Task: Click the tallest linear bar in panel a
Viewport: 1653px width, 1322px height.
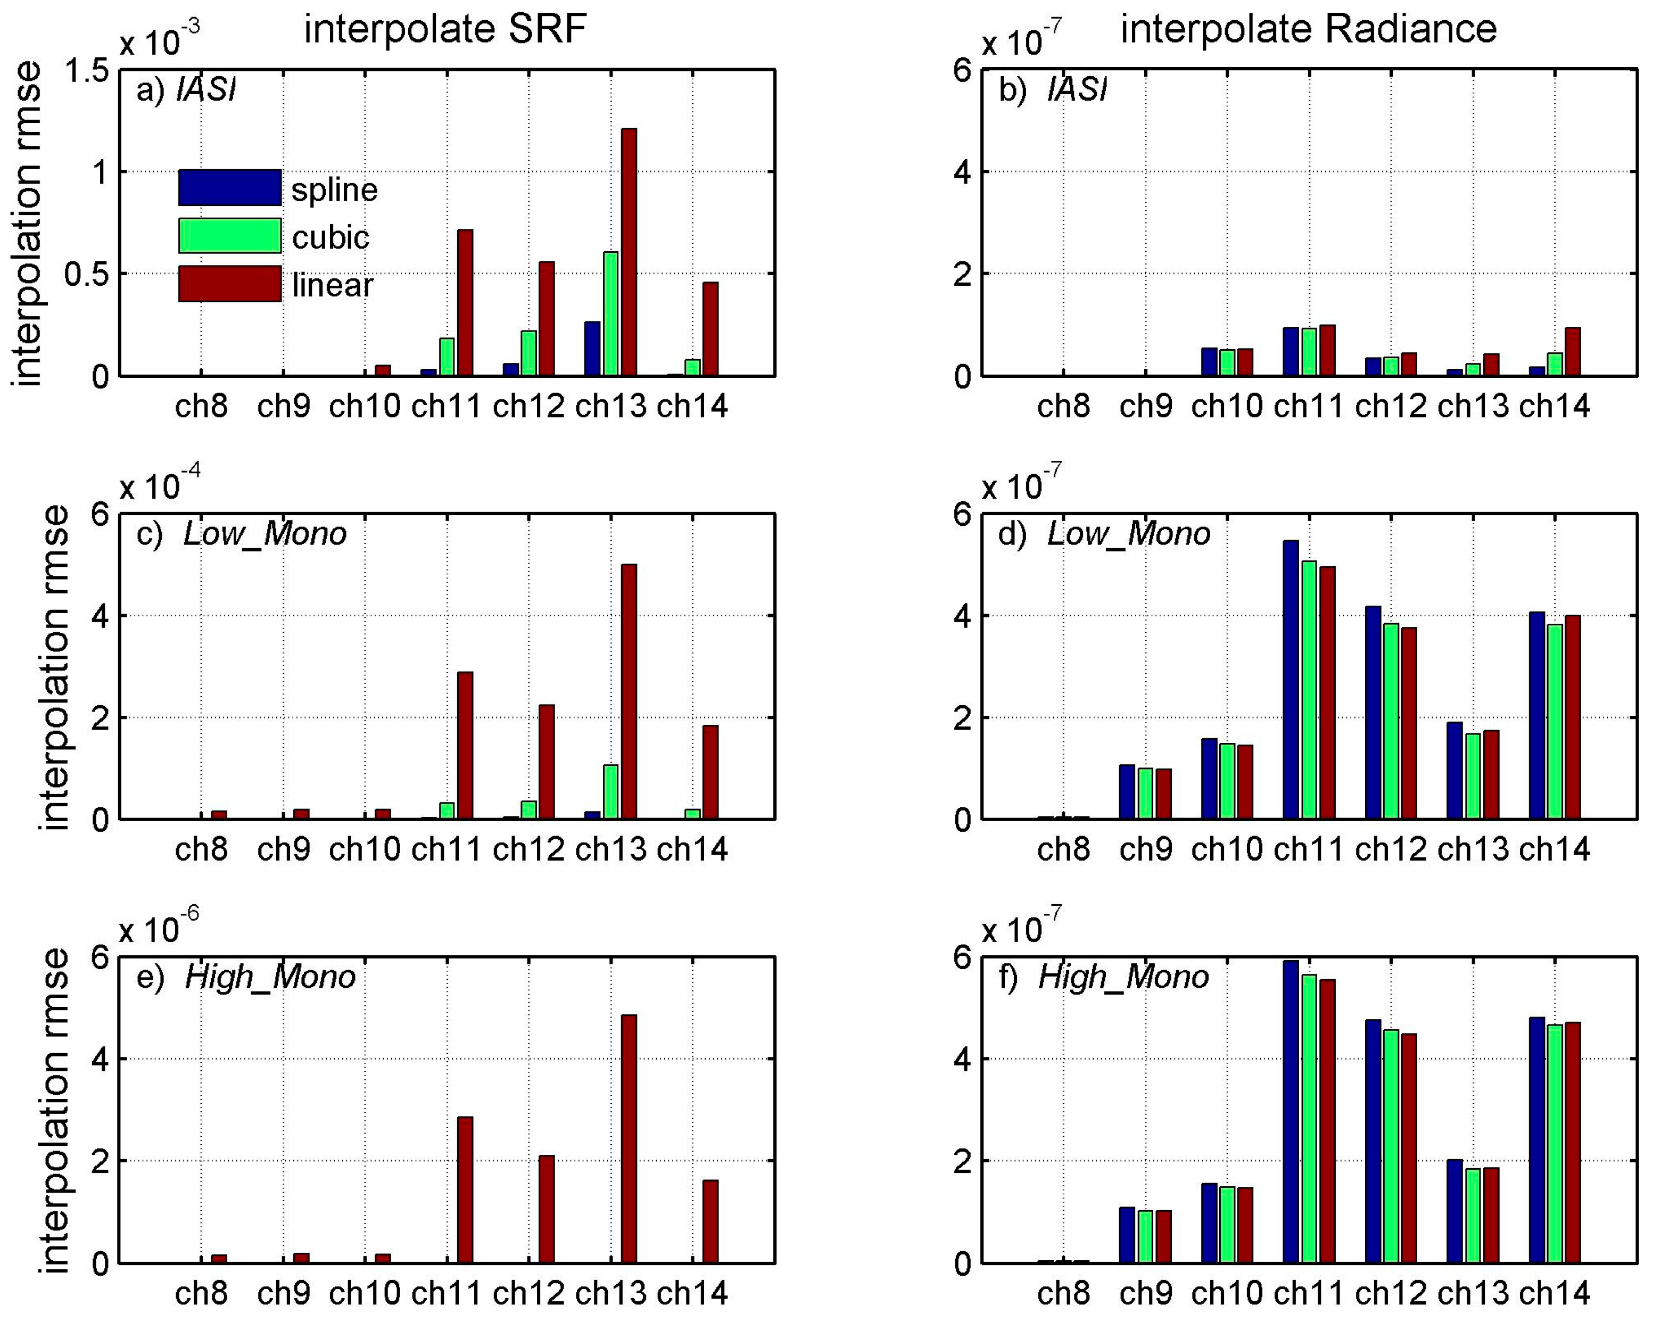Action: tap(628, 253)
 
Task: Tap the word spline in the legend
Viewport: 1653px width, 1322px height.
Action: tap(334, 189)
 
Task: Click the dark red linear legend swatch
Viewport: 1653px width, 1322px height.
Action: tap(229, 284)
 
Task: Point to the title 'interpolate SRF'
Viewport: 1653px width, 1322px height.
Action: tap(445, 29)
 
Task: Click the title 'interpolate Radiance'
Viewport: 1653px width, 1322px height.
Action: tap(1308, 29)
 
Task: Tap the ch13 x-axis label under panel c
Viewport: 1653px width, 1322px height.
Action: tap(610, 849)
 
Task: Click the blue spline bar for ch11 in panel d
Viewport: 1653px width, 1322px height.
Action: tap(1291, 680)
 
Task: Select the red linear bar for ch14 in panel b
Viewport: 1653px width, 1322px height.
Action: tap(1573, 352)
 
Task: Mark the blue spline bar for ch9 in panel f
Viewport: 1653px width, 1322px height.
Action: tap(1126, 1235)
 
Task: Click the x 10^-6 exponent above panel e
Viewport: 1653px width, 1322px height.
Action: tap(160, 929)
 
